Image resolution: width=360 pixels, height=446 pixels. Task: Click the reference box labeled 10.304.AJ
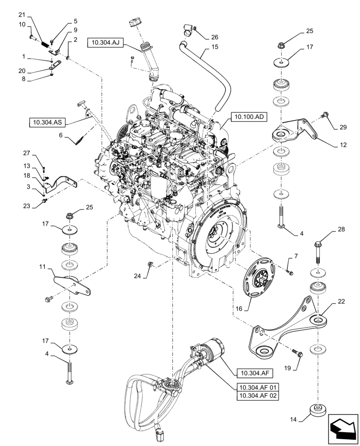(105, 42)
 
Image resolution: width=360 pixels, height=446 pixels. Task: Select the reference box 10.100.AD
(247, 118)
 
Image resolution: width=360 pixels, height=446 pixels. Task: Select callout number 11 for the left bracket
(41, 267)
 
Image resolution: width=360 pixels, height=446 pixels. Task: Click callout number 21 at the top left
(22, 15)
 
